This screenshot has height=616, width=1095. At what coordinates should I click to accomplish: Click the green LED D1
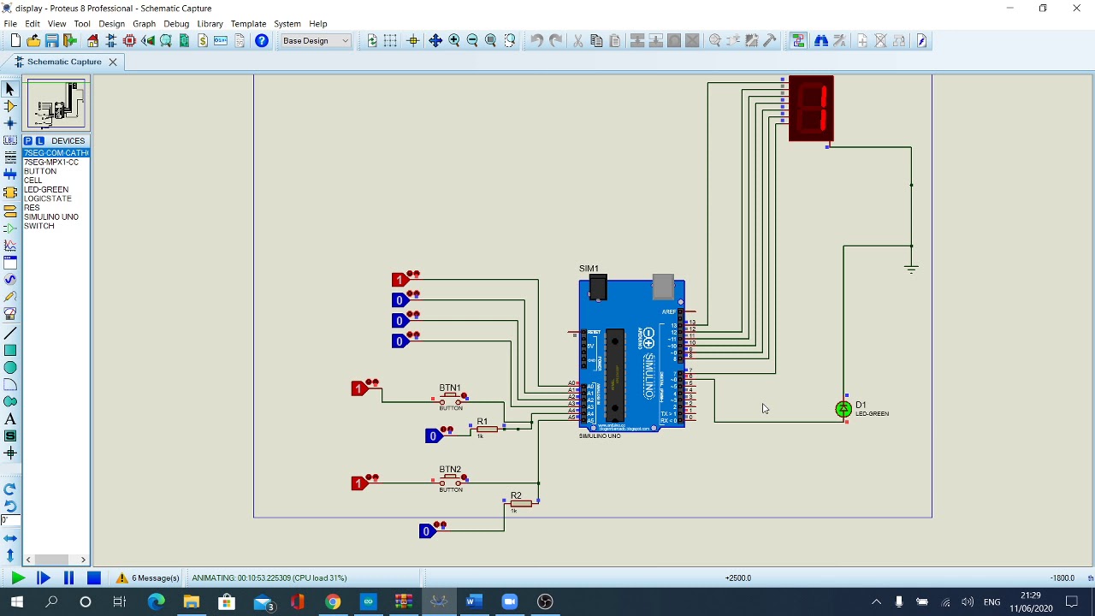coord(843,410)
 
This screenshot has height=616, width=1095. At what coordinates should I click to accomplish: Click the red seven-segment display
coord(811,109)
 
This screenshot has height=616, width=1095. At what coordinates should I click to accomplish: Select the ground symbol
coord(911,268)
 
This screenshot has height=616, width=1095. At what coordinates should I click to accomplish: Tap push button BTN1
coord(451,398)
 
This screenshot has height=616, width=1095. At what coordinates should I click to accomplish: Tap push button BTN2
coord(451,480)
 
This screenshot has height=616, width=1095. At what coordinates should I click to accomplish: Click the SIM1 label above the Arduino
coord(589,269)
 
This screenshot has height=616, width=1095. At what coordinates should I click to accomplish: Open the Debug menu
coord(176,24)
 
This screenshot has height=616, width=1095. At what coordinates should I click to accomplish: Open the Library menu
coord(210,24)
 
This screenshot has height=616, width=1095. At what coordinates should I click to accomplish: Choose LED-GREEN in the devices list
coord(46,189)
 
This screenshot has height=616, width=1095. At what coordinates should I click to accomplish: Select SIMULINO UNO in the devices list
coord(51,216)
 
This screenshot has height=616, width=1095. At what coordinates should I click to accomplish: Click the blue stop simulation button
coord(94,577)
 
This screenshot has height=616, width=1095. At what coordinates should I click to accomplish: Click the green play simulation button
coord(17,577)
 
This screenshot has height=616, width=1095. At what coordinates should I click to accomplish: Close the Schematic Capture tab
coord(112,62)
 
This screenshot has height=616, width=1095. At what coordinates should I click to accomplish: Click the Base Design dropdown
coord(316,40)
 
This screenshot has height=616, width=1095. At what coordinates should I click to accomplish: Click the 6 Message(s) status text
coord(155,577)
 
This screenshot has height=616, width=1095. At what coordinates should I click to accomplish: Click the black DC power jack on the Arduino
coord(598,287)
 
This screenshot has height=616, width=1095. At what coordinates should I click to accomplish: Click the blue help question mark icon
coord(262,40)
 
